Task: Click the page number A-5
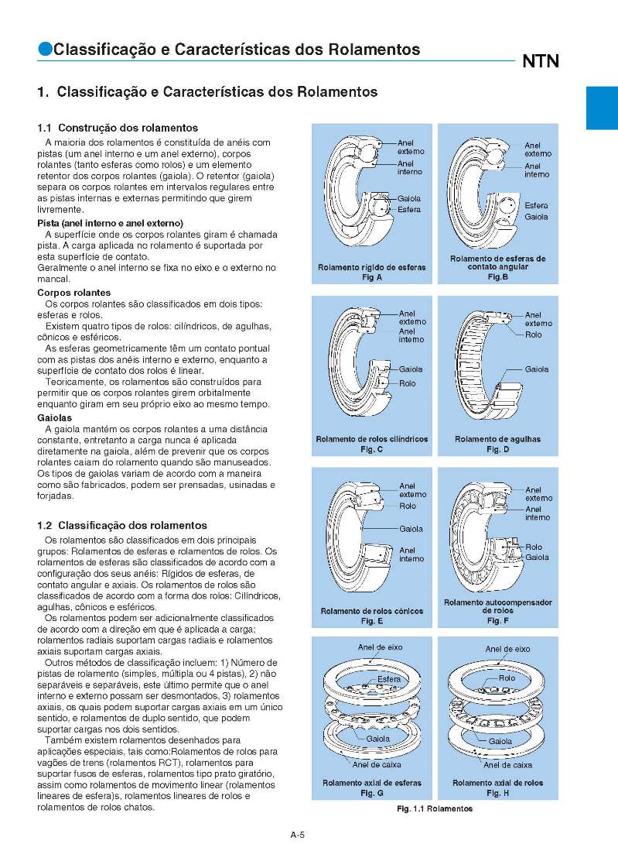click(x=298, y=835)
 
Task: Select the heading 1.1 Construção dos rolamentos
click(x=118, y=128)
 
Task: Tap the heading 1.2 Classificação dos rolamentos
click(x=122, y=525)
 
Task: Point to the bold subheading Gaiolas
click(x=55, y=418)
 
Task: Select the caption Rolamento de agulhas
click(x=497, y=439)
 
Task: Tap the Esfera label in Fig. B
click(x=536, y=206)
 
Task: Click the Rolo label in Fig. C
click(x=408, y=383)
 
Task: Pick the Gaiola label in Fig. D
click(x=536, y=369)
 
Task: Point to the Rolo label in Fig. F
click(x=534, y=547)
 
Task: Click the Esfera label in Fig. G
click(x=389, y=679)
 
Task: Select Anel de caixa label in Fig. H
click(x=507, y=765)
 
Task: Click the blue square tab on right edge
click(x=601, y=108)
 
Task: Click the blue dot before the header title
click(x=45, y=50)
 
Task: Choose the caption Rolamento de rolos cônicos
click(x=371, y=611)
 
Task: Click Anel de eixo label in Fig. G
click(x=380, y=647)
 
